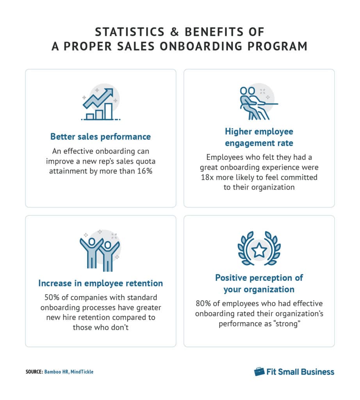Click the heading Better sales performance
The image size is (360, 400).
pos(100,137)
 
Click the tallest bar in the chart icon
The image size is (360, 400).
pos(108,111)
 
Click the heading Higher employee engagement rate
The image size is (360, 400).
pos(259,137)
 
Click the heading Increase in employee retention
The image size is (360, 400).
pos(100,283)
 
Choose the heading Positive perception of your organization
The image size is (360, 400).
pos(259,284)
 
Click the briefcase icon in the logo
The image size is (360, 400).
pos(259,371)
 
